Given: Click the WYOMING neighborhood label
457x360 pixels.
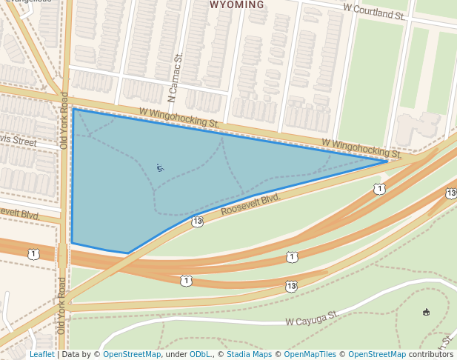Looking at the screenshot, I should pyautogui.click(x=237, y=5).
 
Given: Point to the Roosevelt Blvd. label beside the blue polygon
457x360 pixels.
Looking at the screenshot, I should pyautogui.click(x=251, y=206).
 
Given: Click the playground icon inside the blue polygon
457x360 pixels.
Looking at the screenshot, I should pyautogui.click(x=161, y=167).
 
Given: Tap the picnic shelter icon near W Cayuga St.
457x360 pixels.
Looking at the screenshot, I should pyautogui.click(x=426, y=312).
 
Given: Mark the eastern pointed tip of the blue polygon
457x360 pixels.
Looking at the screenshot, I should pyautogui.click(x=387, y=161).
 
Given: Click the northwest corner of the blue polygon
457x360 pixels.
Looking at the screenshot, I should pyautogui.click(x=73, y=109).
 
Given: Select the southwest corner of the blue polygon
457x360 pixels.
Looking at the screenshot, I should pyautogui.click(x=72, y=242).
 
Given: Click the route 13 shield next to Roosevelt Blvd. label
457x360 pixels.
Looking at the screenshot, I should pyautogui.click(x=197, y=221).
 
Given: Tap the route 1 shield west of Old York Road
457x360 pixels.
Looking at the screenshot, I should pyautogui.click(x=33, y=254).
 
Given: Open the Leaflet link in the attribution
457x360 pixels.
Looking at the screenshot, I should pyautogui.click(x=41, y=355).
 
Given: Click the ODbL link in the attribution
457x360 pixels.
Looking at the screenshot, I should pyautogui.click(x=198, y=355).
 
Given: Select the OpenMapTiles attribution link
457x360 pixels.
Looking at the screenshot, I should pyautogui.click(x=310, y=355).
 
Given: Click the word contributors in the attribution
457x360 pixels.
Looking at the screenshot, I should pyautogui.click(x=430, y=355).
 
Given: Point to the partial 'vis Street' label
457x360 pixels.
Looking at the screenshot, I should pyautogui.click(x=18, y=141).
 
